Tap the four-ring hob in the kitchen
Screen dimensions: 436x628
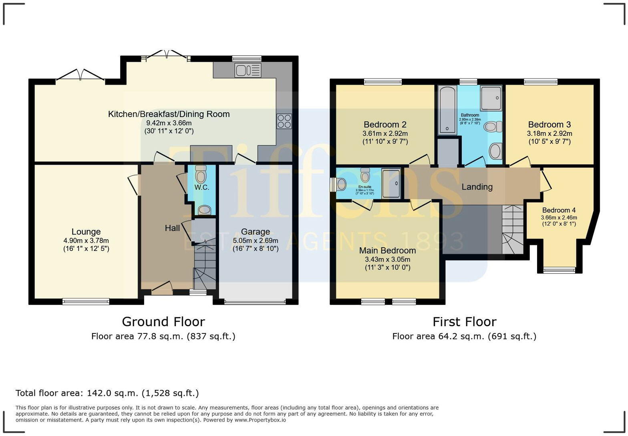coord(284,121)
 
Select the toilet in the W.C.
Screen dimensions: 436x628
coord(201,174)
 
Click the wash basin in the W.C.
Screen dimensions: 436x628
coord(205,209)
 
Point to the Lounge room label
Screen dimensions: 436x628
coord(86,232)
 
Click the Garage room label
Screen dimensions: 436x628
coord(255,232)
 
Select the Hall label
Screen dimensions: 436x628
coord(172,228)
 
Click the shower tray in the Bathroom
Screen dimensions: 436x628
coord(491,98)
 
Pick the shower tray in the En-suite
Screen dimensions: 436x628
coord(391,184)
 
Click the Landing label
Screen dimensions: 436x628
coord(477,187)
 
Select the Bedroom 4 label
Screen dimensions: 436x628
coord(559,210)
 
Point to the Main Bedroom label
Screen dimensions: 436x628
coord(387,250)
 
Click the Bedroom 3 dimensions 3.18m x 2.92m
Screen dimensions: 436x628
coord(549,133)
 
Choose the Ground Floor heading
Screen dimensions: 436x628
coord(163,321)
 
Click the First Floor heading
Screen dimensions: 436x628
coord(464,321)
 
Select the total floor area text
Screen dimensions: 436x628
coord(107,393)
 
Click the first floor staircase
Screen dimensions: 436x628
coord(512,230)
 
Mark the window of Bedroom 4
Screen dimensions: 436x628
coord(559,270)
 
